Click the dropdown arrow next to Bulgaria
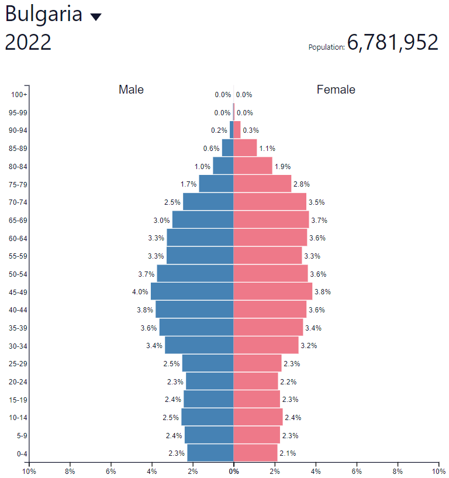[96, 17]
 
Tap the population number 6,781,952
[392, 43]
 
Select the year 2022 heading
[28, 43]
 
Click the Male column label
[131, 90]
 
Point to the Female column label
[336, 90]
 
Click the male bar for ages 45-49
[192, 291]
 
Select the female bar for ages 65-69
[271, 220]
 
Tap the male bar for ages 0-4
[210, 453]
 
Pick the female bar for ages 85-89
[245, 148]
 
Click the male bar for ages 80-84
[223, 166]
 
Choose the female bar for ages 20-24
[255, 381]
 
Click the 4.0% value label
[140, 292]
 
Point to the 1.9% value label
[283, 167]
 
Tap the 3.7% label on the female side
[319, 221]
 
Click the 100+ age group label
[19, 95]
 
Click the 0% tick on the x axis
[233, 471]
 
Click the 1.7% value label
[188, 184]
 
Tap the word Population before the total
[326, 47]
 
